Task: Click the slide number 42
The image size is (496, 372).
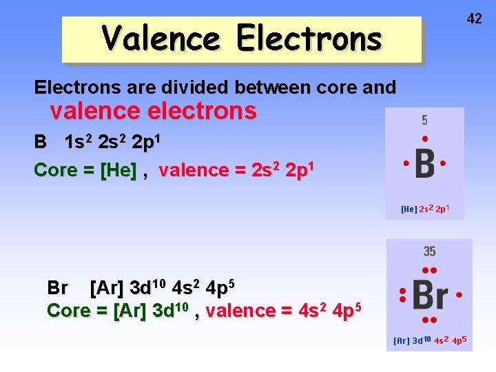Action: (474, 19)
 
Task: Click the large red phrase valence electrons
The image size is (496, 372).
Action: (153, 110)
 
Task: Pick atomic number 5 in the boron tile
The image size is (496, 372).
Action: (424, 121)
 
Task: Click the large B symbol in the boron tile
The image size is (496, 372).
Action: (424, 163)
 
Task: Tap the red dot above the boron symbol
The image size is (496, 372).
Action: (424, 138)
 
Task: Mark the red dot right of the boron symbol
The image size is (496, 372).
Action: (443, 163)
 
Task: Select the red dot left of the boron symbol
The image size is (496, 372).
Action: (406, 163)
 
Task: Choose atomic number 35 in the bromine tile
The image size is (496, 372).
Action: (429, 251)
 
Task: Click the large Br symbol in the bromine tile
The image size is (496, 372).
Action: (430, 296)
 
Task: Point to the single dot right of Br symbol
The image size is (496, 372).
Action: (459, 295)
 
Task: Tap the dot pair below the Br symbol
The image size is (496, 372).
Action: (429, 320)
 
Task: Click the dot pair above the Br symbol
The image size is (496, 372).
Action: (429, 270)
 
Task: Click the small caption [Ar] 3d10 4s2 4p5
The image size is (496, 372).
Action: (430, 340)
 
